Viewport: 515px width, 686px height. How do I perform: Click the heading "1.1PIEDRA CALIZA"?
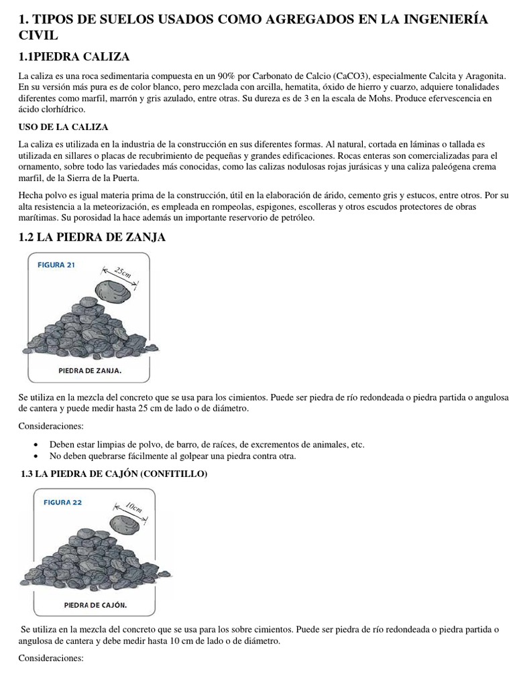(75, 56)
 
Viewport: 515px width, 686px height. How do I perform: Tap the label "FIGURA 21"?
(56, 265)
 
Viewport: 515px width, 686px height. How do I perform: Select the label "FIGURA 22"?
(62, 502)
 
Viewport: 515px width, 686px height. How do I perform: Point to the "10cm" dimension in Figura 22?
(133, 509)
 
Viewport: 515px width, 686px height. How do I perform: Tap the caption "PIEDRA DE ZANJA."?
(90, 369)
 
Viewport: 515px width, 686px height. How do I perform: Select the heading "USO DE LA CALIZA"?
(63, 127)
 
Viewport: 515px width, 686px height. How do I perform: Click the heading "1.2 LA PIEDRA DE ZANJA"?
(93, 237)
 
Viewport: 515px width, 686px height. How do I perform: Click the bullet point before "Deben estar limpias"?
(36, 445)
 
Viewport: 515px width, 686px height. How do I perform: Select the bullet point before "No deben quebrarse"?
(36, 456)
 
